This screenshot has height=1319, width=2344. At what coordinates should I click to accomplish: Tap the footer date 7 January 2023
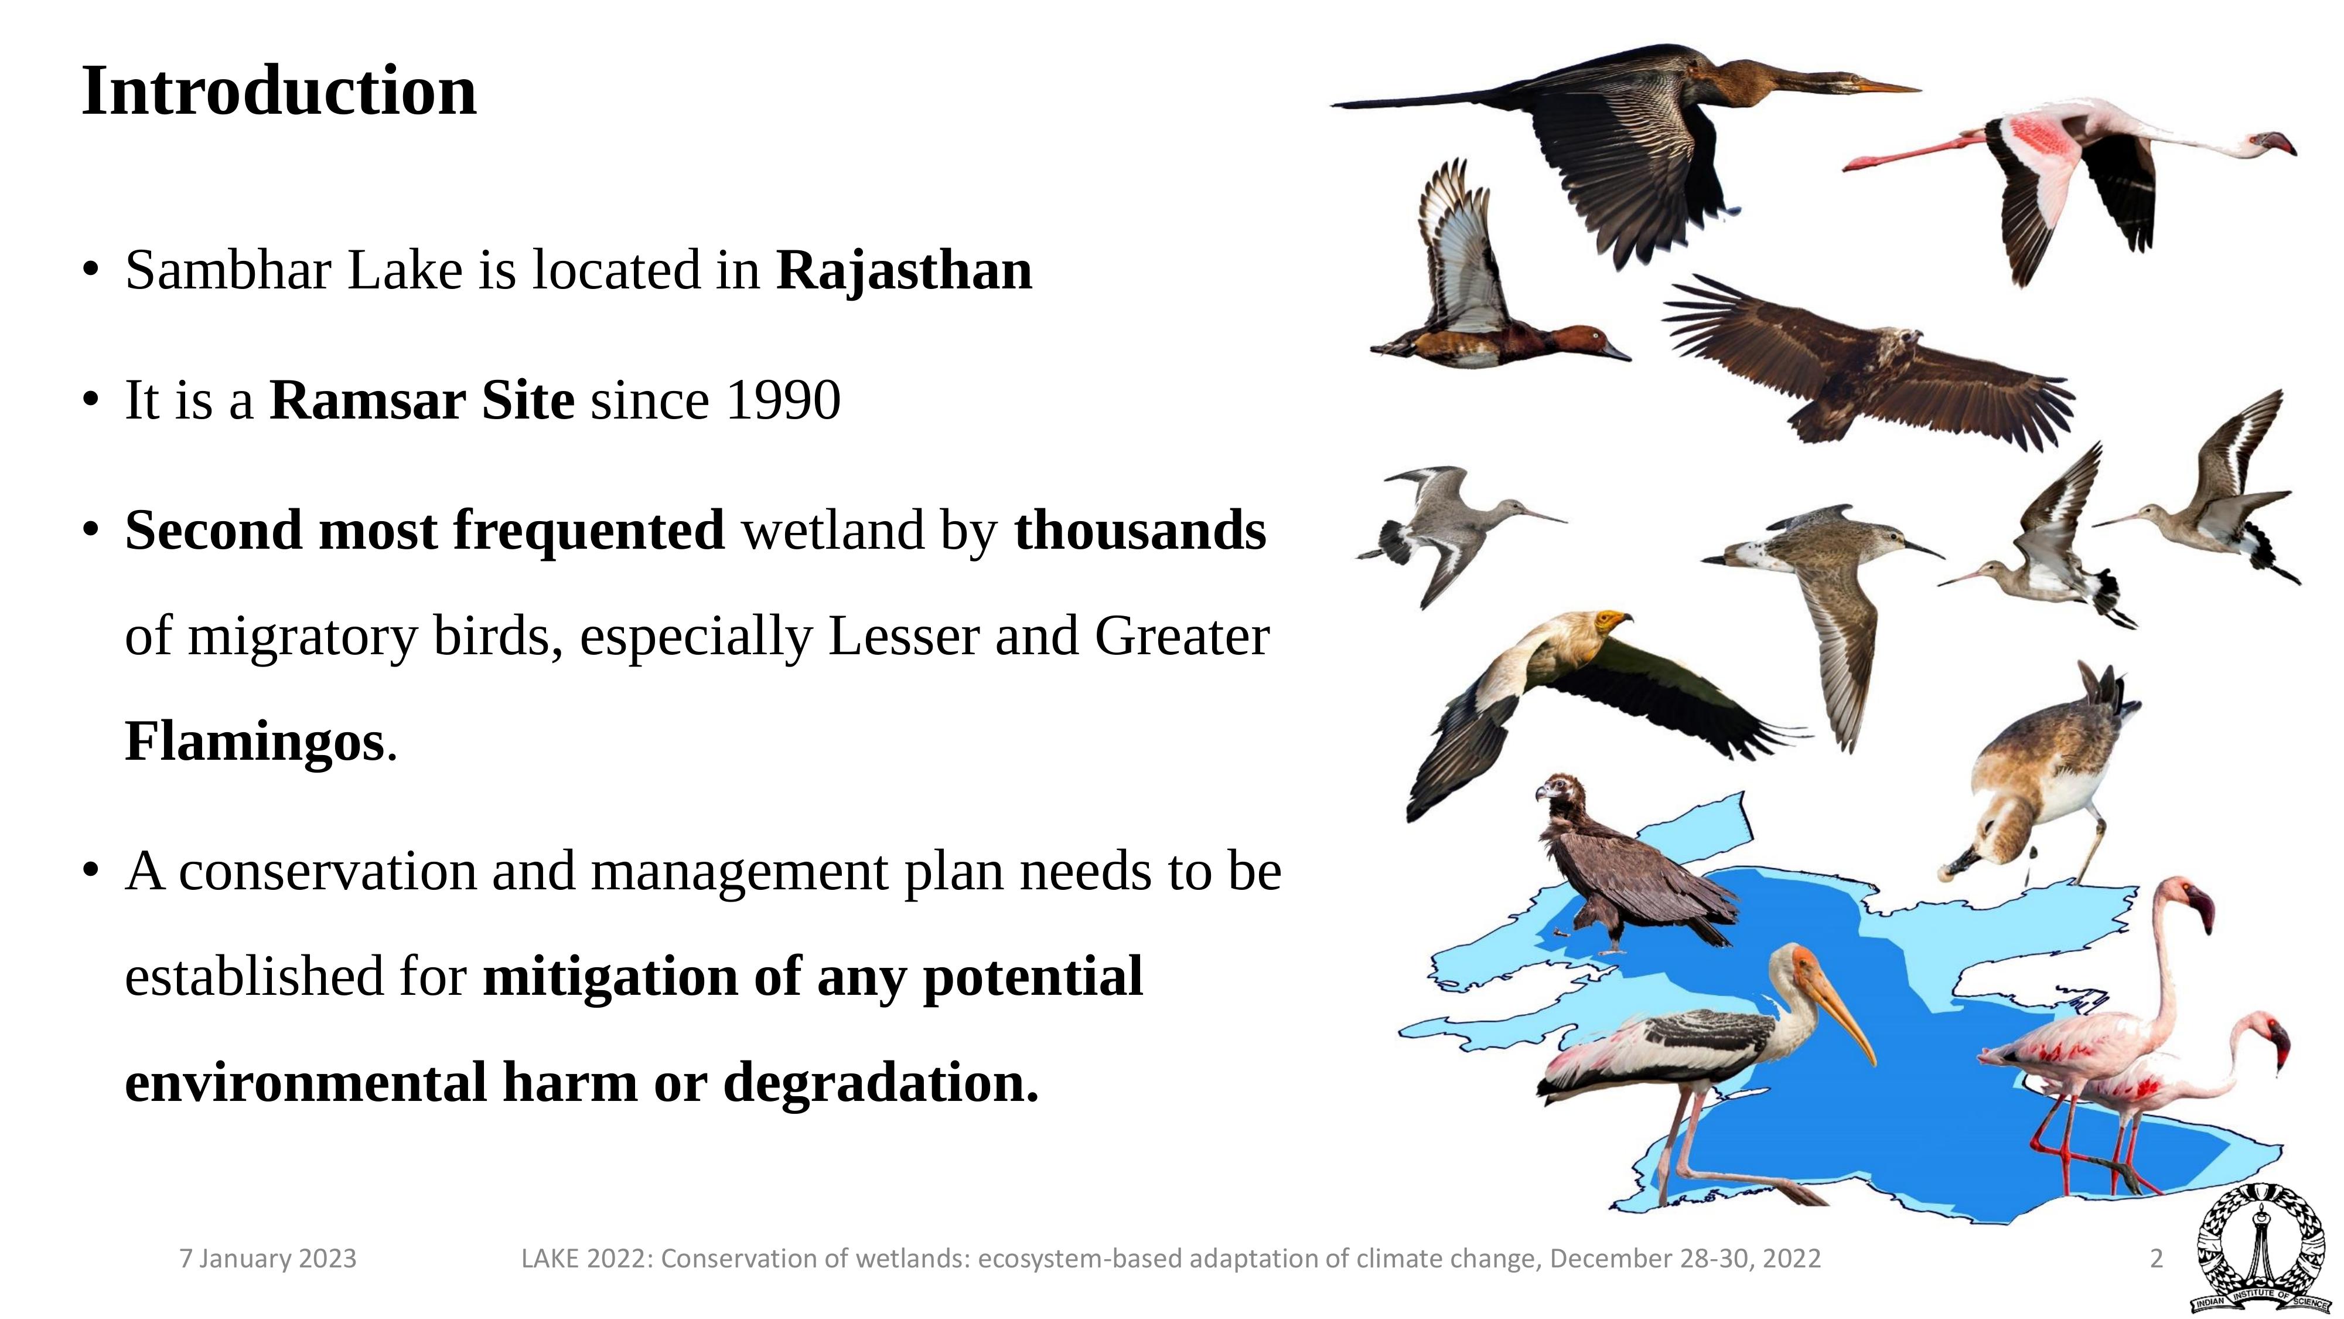pos(268,1259)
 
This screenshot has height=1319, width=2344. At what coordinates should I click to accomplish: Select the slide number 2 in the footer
pos(2155,1259)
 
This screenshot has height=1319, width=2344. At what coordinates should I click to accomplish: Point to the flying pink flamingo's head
pos(2274,144)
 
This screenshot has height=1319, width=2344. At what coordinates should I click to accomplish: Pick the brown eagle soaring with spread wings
pos(1865,369)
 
